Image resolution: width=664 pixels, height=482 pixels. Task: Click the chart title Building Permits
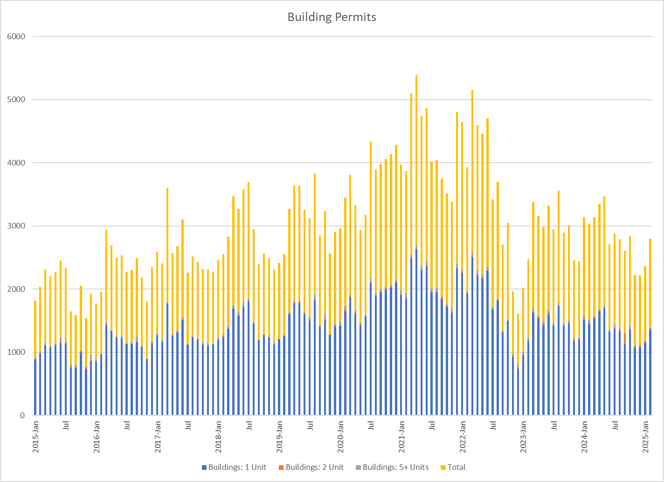point(332,17)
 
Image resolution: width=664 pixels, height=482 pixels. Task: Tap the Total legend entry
point(456,467)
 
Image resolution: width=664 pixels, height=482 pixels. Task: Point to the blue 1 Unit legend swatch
point(204,467)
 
